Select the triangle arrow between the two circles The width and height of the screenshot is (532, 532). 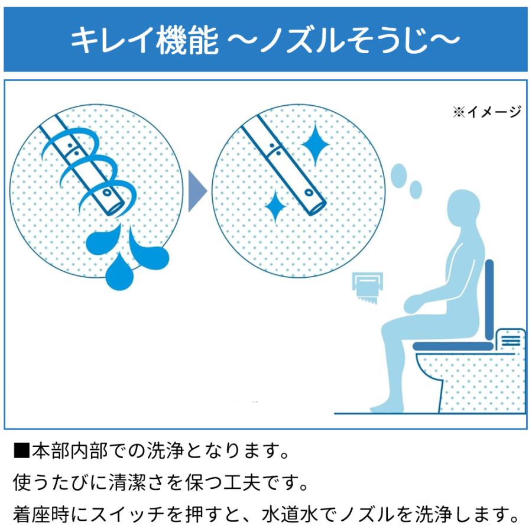197,190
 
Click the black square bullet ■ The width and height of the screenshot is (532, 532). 21,453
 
